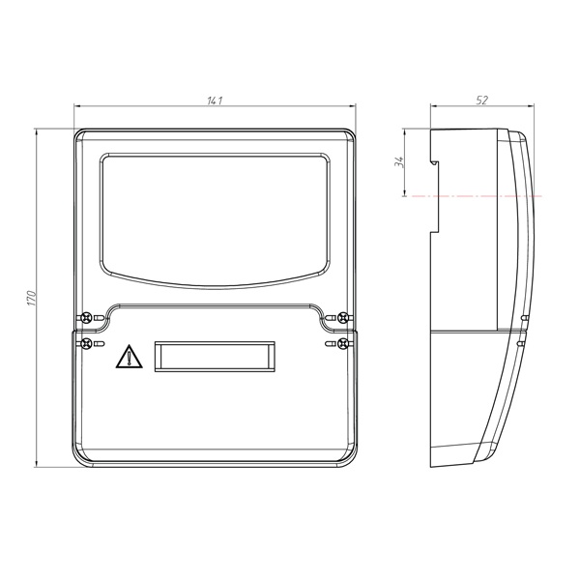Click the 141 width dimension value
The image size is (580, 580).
coord(215,101)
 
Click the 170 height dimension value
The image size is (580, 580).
coord(32,298)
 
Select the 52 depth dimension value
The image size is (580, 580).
coord(482,101)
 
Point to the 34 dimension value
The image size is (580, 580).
coord(398,161)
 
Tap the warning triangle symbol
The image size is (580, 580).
coord(129,357)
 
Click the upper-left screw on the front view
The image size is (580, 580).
coord(87,317)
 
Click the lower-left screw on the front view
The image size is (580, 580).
coord(87,343)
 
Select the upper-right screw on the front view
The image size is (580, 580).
coord(343,317)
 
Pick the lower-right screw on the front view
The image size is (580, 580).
coord(343,343)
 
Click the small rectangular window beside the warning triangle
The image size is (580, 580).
coord(215,357)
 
